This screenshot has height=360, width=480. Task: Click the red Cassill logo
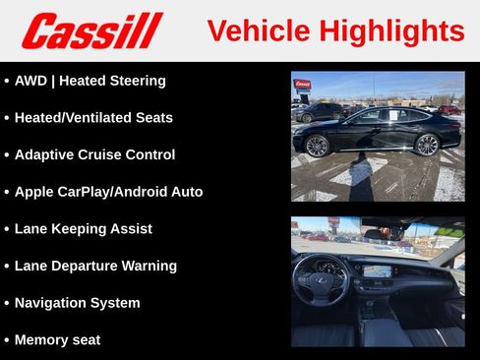pyautogui.click(x=91, y=30)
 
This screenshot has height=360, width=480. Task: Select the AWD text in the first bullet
pyautogui.click(x=31, y=81)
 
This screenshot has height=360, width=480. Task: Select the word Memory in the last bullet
pyautogui.click(x=42, y=340)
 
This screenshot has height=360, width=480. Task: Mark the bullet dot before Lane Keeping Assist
pyautogui.click(x=7, y=229)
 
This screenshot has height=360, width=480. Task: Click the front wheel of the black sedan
pyautogui.click(x=317, y=146)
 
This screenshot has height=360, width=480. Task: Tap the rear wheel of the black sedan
pyautogui.click(x=426, y=145)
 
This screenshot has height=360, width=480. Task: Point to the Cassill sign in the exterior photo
pyautogui.click(x=302, y=85)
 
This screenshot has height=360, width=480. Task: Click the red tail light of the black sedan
pyautogui.click(x=451, y=124)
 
